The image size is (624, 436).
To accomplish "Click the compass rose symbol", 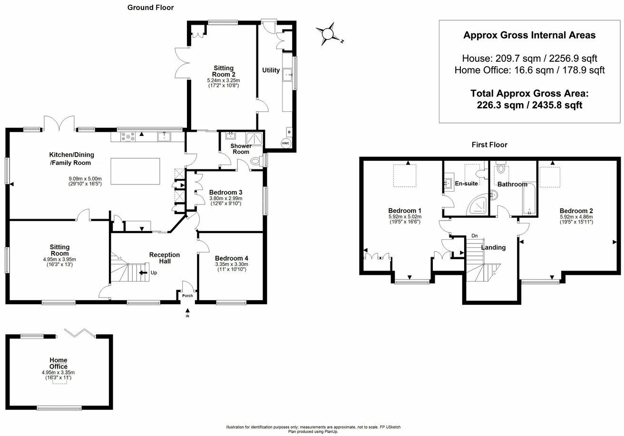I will pos(328,34).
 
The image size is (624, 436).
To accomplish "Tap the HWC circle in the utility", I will pos(285,143).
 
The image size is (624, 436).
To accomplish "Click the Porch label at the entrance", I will pos(187,295).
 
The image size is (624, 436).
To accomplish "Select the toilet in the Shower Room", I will pos(255,162).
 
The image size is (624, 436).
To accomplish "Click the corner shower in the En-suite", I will pos(476,204).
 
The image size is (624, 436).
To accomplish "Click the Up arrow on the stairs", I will pos(144,273).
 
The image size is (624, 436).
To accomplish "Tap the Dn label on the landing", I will pos(474,236).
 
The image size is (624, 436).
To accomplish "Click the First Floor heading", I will pos(489,145).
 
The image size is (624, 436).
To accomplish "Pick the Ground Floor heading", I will pos(150,8).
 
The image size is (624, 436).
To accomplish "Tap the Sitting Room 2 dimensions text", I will pos(223,83).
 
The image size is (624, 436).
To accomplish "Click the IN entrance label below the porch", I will pos(187,316).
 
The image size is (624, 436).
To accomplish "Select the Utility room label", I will pos(271,70).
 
